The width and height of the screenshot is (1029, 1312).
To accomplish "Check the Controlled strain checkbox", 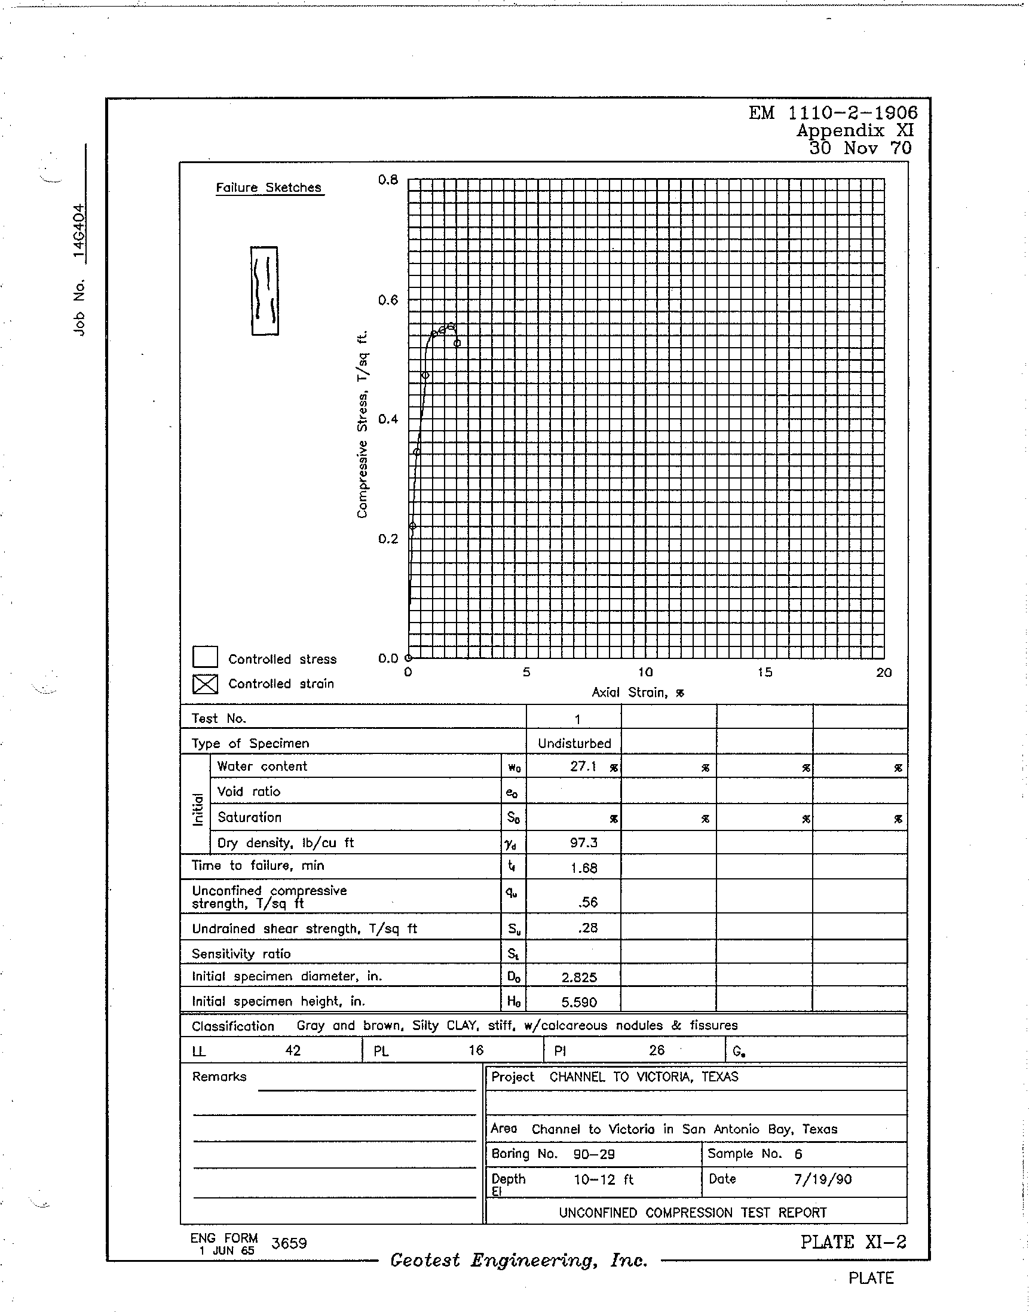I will point(205,683).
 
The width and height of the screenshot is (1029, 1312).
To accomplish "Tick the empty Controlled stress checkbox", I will point(205,657).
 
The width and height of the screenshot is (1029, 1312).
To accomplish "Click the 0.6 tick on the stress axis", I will point(388,300).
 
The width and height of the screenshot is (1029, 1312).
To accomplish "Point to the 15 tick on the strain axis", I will point(764,672).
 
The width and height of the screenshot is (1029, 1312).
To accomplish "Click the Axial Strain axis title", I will point(638,693).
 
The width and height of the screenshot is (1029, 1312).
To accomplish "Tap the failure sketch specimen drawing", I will point(265,290).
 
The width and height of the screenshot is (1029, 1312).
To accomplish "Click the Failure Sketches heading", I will point(269,188).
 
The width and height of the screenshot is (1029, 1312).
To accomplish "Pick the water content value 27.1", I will point(583,767).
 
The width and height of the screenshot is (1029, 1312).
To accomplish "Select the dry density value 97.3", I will point(583,843).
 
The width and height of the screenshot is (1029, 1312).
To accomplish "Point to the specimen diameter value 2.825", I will point(579,977).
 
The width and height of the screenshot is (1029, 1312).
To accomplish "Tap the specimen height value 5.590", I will point(579,1003).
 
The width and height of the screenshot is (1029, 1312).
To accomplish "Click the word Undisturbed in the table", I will point(574,744).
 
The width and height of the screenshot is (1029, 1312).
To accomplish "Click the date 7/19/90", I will point(822,1179).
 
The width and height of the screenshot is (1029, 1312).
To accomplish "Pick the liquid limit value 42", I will point(293,1050).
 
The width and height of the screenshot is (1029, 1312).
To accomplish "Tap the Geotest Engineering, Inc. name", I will point(519,1260).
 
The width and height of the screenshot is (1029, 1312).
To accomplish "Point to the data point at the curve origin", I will point(409,658).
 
